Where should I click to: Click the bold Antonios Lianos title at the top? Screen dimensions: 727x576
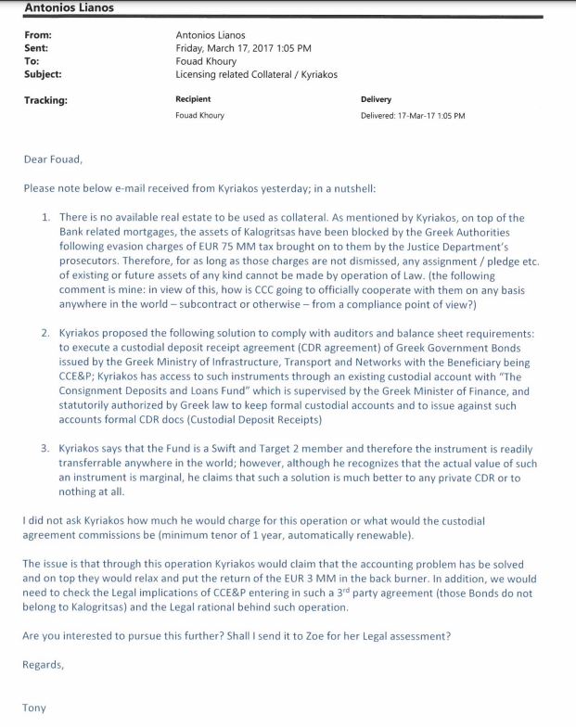click(x=63, y=8)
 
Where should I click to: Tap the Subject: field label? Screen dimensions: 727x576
click(x=44, y=73)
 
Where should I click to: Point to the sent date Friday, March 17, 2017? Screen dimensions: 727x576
click(x=243, y=47)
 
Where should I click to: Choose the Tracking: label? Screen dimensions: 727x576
click(x=46, y=99)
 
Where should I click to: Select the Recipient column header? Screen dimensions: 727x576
click(x=193, y=99)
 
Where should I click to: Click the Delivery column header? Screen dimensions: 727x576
click(x=376, y=99)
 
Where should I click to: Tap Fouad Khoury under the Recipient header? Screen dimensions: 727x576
click(x=199, y=116)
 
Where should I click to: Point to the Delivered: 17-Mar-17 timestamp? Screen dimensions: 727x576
click(x=413, y=116)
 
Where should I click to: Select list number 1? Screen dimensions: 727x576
click(x=46, y=217)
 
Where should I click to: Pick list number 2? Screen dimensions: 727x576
click(x=46, y=331)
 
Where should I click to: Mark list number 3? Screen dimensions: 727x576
click(x=46, y=448)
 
